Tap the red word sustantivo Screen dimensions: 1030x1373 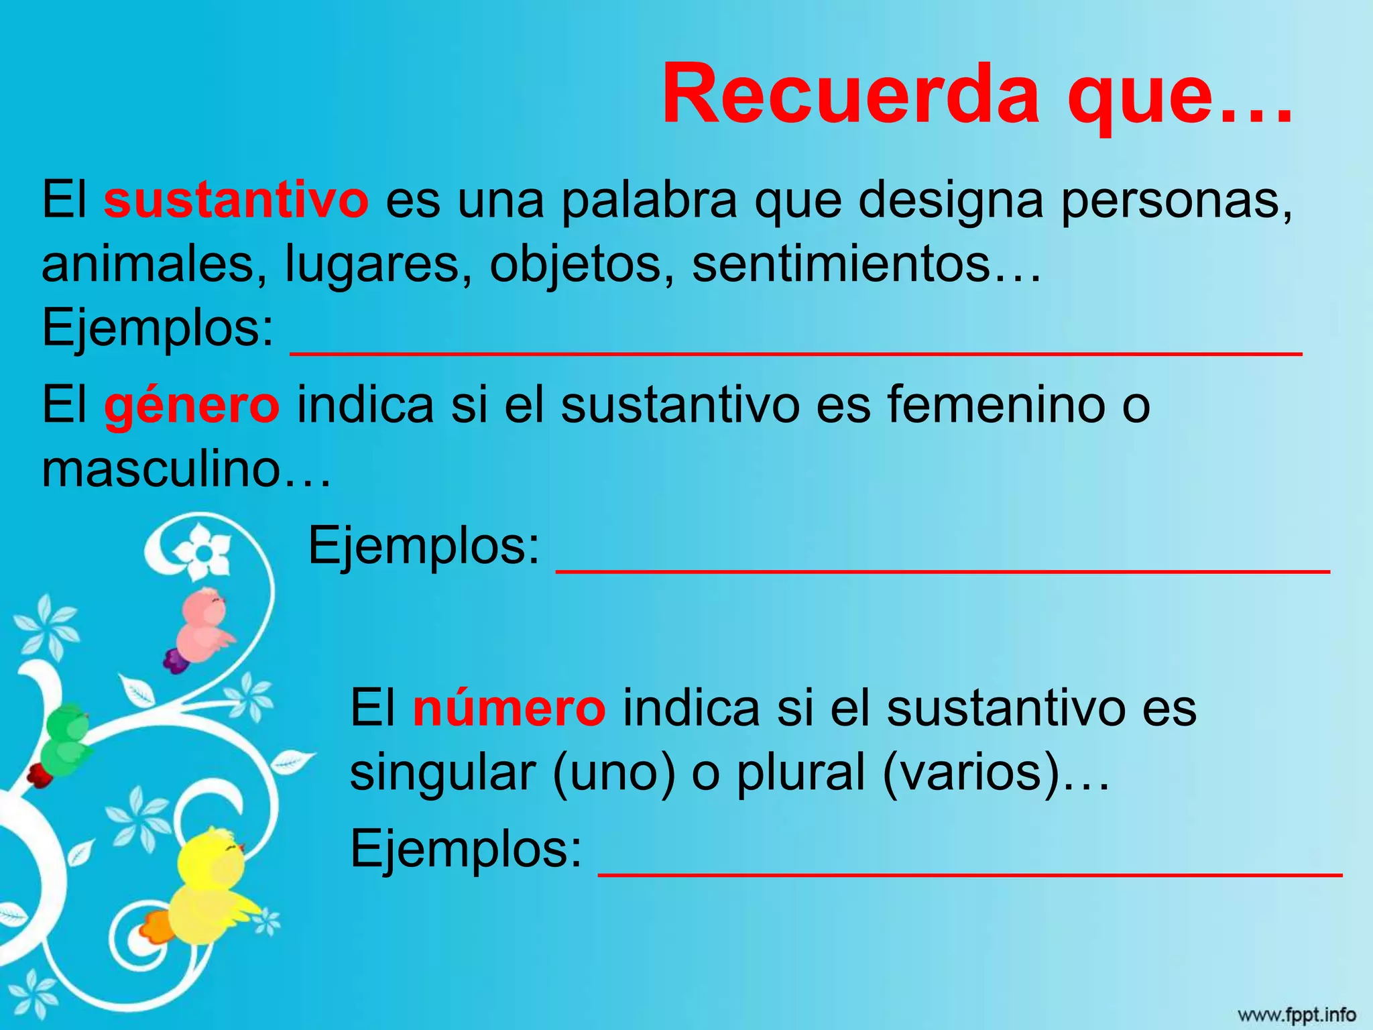point(236,201)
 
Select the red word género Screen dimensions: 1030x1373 point(192,407)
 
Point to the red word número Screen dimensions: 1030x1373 point(510,709)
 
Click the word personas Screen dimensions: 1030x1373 point(1177,201)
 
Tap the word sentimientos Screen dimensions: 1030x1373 point(841,264)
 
